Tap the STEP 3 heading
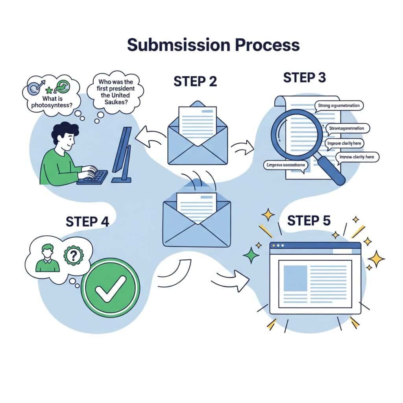click(x=304, y=78)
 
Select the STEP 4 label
click(x=87, y=221)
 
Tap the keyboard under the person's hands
click(x=93, y=177)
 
